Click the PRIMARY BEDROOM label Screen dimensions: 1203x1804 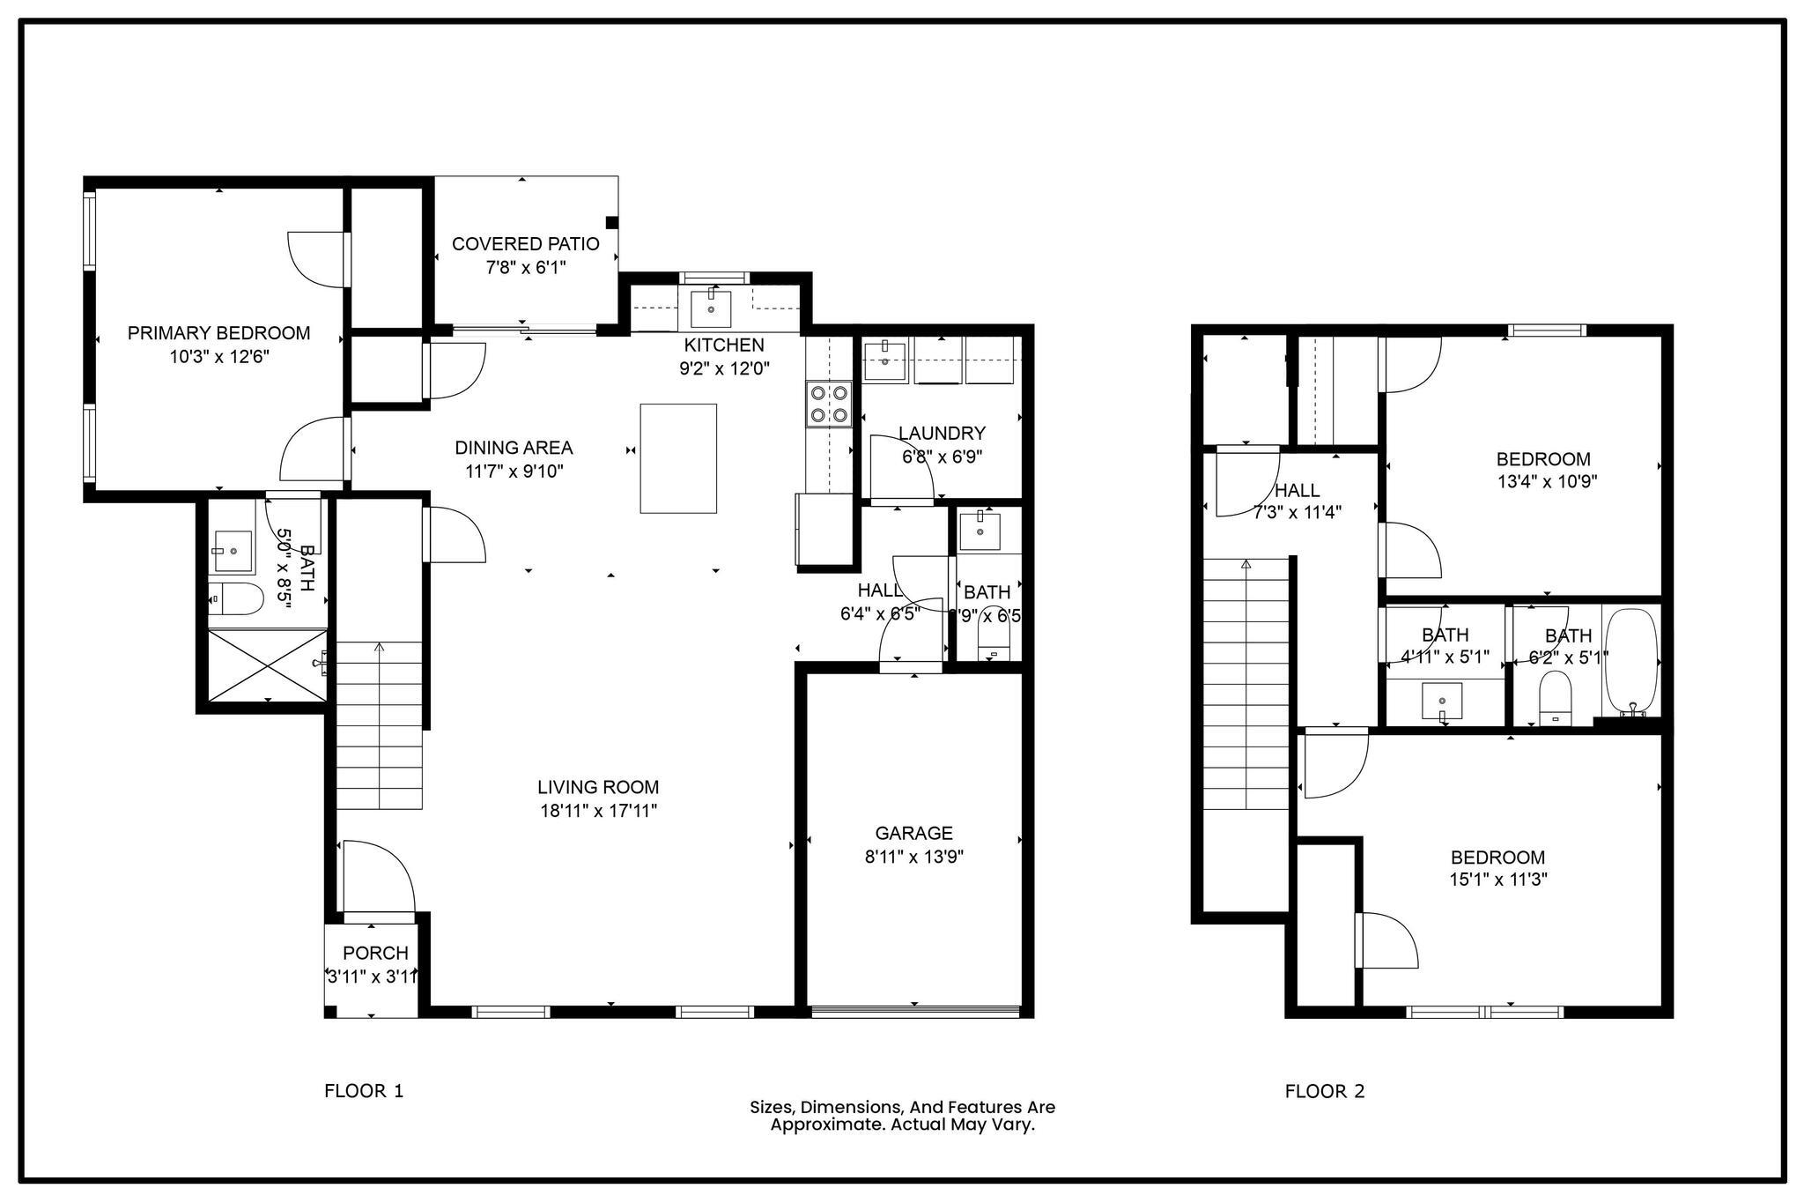click(x=218, y=333)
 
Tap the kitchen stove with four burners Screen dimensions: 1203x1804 click(x=829, y=404)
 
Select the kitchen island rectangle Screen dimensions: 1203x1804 click(x=677, y=458)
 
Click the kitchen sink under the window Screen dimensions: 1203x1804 click(x=710, y=308)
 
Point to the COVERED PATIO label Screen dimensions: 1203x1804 click(x=525, y=244)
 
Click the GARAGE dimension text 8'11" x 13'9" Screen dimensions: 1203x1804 click(x=913, y=856)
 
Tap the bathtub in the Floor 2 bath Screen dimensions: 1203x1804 click(x=1630, y=662)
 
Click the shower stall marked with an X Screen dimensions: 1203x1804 click(x=267, y=665)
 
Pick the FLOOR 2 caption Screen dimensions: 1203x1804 click(x=1324, y=1091)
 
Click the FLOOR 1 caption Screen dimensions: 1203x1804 click(x=364, y=1091)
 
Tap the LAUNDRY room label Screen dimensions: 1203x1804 click(x=941, y=434)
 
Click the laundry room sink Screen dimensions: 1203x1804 click(x=884, y=361)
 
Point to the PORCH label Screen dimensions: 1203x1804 click(x=375, y=953)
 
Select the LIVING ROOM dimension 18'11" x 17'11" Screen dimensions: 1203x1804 click(x=598, y=811)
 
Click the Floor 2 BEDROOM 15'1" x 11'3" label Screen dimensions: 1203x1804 click(x=1497, y=858)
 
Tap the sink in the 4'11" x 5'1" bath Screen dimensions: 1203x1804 click(x=1442, y=702)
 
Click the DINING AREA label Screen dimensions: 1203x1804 click(x=514, y=448)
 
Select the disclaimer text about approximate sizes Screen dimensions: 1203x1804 click(x=902, y=1116)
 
